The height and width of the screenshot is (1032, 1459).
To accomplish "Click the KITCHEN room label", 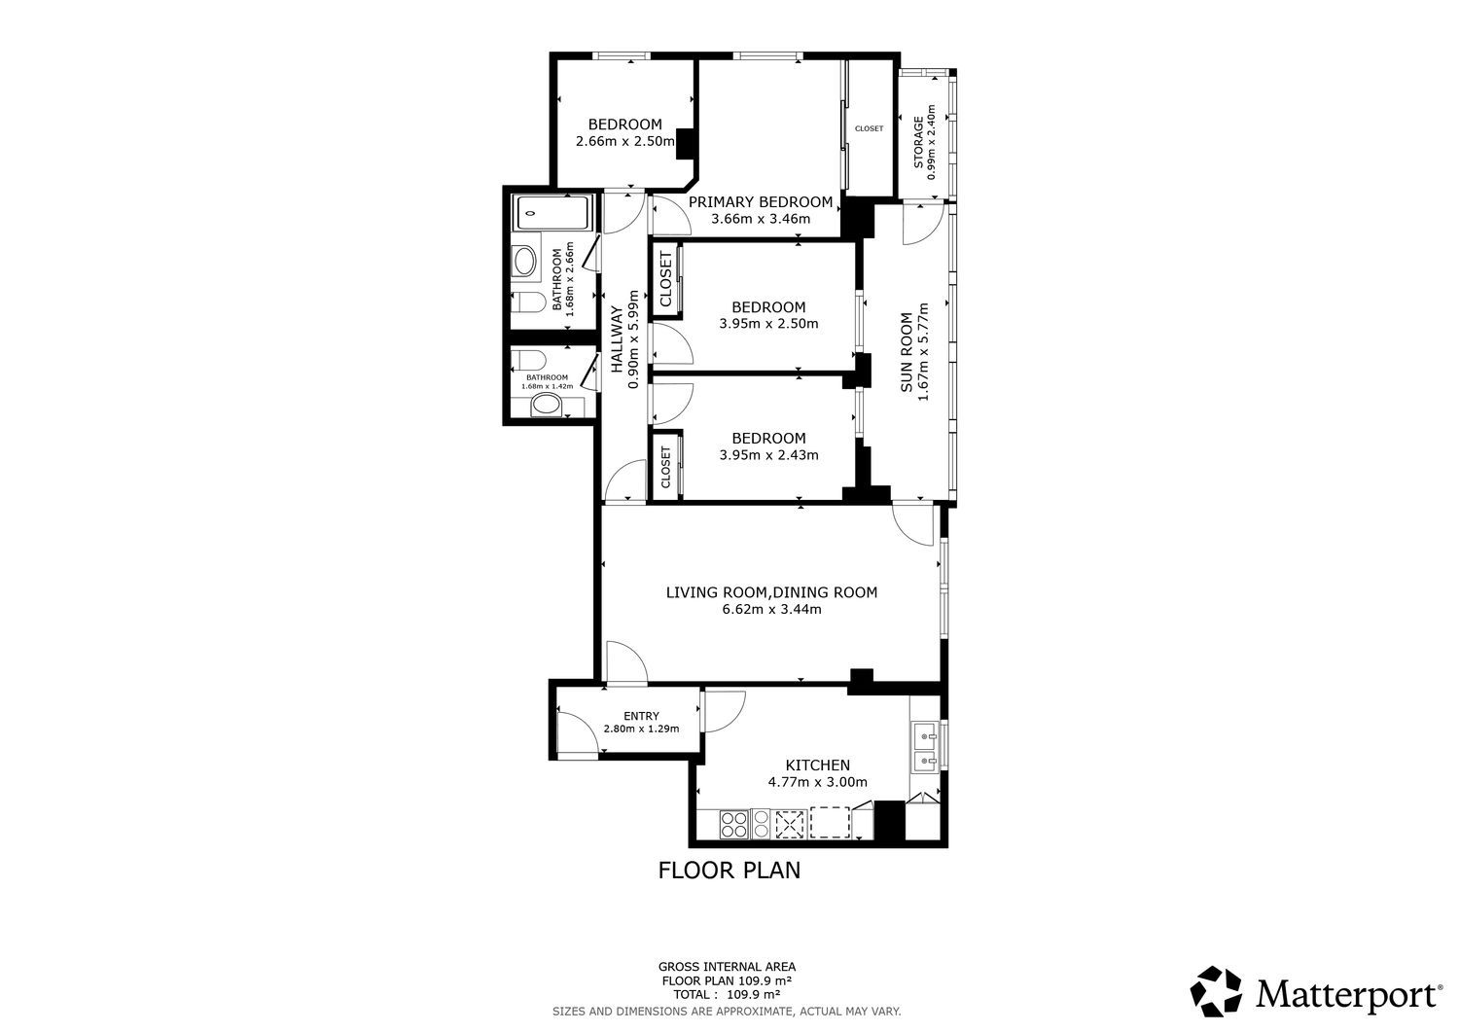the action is pyautogui.click(x=817, y=765).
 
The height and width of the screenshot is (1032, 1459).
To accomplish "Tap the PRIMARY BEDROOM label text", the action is pyautogui.click(x=760, y=202).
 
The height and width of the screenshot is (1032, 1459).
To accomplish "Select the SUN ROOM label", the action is pyautogui.click(x=907, y=352).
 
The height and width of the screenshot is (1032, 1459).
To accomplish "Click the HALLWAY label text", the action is pyautogui.click(x=616, y=339).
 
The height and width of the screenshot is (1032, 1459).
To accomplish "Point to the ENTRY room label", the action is pyautogui.click(x=642, y=715).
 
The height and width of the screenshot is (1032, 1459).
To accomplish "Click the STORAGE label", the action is pyautogui.click(x=918, y=142).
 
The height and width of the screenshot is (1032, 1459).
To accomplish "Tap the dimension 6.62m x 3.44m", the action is pyautogui.click(x=772, y=609).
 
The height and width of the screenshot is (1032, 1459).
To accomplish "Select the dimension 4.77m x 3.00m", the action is pyautogui.click(x=817, y=782).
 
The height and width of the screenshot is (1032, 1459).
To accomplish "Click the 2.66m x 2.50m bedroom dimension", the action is pyautogui.click(x=624, y=141).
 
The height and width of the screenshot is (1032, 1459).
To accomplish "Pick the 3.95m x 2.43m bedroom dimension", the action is pyautogui.click(x=768, y=455).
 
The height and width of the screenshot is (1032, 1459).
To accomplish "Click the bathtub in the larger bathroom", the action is pyautogui.click(x=552, y=212).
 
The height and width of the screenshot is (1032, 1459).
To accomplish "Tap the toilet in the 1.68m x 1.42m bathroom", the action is pyautogui.click(x=528, y=359).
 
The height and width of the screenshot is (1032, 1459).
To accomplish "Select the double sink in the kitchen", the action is pyautogui.click(x=925, y=747).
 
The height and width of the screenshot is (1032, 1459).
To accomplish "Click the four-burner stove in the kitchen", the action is pyautogui.click(x=734, y=824).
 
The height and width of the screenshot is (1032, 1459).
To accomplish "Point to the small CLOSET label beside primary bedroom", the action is pyautogui.click(x=869, y=128).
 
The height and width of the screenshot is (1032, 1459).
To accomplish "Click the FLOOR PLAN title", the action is pyautogui.click(x=729, y=871).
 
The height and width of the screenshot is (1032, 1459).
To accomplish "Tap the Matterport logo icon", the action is pyautogui.click(x=1216, y=991).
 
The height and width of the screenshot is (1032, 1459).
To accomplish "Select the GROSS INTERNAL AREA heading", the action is pyautogui.click(x=727, y=967).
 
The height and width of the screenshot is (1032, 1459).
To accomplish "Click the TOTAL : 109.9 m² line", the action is pyautogui.click(x=727, y=994).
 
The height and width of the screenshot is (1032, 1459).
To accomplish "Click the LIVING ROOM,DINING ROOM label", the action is pyautogui.click(x=772, y=592).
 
